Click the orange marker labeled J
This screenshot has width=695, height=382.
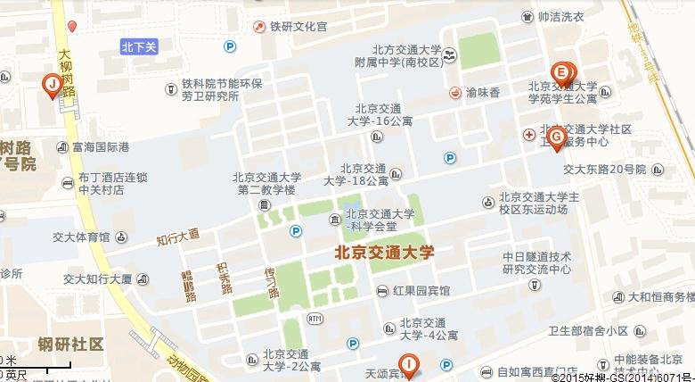click(52, 86)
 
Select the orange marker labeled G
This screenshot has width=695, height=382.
click(556, 137)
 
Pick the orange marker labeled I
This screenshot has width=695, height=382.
click(408, 363)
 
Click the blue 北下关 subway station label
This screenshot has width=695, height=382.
click(139, 46)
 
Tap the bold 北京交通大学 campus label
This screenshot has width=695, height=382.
click(384, 253)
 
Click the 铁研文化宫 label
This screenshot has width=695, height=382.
click(298, 27)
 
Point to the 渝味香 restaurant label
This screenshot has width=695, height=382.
click(482, 92)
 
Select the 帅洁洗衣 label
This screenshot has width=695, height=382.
click(560, 17)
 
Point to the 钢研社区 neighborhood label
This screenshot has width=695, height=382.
click(71, 344)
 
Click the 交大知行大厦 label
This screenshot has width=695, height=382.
click(97, 278)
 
